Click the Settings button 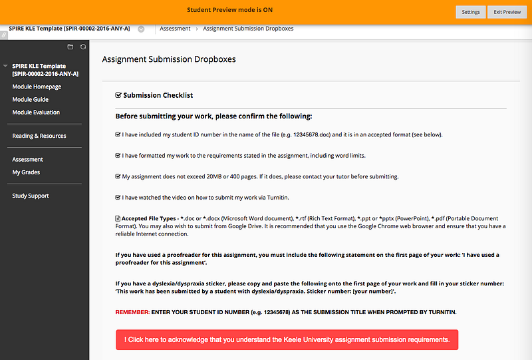(x=471, y=12)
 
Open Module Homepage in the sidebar (x=37, y=87)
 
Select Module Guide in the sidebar (x=30, y=99)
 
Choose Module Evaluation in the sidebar (x=36, y=112)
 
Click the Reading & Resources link (x=39, y=136)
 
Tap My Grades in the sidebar (x=26, y=172)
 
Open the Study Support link (x=31, y=196)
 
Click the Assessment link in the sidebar (x=27, y=160)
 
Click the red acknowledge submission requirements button (x=287, y=339)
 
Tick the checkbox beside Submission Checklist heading (x=118, y=95)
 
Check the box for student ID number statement (x=118, y=134)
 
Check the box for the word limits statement (x=118, y=156)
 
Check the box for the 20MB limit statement (x=118, y=176)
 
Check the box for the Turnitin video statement (x=118, y=197)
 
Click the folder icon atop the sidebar (x=70, y=47)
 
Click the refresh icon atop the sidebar (x=82, y=47)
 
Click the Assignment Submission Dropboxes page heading (x=169, y=59)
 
